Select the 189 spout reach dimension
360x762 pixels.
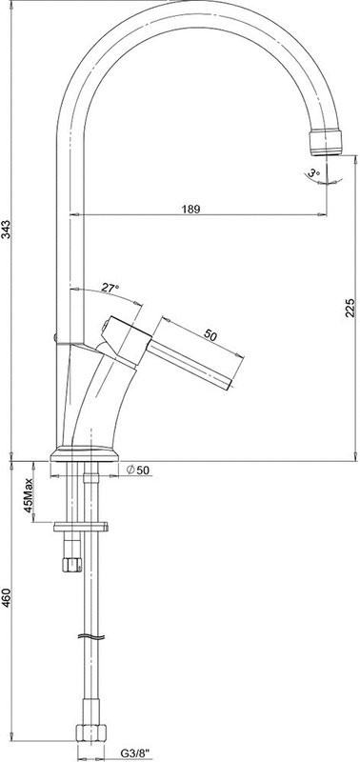[x=190, y=209]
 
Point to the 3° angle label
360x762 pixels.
[x=314, y=172]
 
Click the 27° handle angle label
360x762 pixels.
[x=110, y=288]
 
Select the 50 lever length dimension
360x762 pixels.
[x=210, y=335]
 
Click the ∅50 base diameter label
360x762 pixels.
[x=138, y=470]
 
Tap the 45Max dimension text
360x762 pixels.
[x=29, y=494]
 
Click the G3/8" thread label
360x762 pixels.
[x=135, y=753]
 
